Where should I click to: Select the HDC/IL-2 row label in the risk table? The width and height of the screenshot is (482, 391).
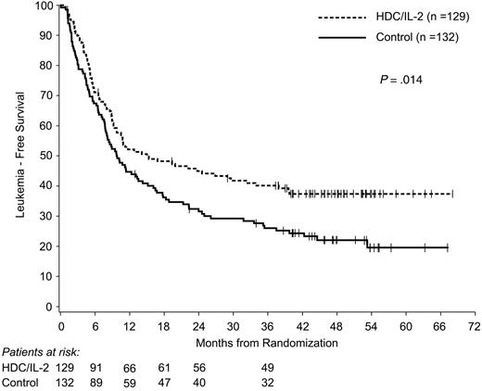coord(25,368)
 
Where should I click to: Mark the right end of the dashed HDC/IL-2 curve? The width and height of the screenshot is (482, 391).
coord(451,194)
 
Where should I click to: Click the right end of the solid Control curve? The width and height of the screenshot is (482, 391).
coord(448,247)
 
